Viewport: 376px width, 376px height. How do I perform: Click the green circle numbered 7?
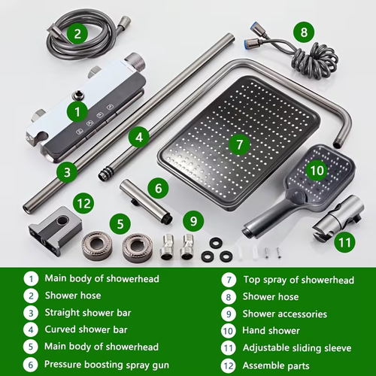tap(240, 144)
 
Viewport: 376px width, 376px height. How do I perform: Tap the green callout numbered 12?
tap(83, 203)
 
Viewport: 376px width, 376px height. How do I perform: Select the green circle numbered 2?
tap(77, 33)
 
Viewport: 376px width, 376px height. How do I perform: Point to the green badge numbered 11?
tap(344, 242)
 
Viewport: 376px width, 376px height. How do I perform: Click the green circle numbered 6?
tap(159, 188)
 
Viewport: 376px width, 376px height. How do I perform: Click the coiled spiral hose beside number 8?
tap(314, 60)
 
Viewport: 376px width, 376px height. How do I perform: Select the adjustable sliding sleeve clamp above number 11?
tap(338, 216)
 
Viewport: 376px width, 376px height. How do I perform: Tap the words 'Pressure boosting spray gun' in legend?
tap(107, 365)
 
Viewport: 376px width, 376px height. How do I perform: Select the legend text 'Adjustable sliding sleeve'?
tap(297, 348)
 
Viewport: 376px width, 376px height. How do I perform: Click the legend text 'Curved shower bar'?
tap(86, 329)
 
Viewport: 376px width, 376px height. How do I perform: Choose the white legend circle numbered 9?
tap(229, 314)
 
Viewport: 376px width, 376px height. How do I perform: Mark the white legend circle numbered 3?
tap(31, 313)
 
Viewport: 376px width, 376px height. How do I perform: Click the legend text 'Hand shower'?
tap(271, 331)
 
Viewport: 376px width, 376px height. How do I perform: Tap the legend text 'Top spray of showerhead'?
tap(299, 280)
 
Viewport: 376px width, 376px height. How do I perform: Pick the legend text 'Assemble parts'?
tap(276, 365)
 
